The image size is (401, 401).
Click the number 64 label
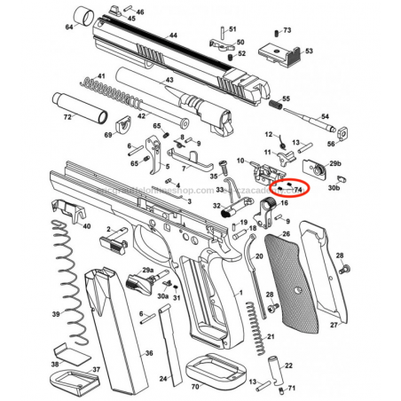pos(69,27)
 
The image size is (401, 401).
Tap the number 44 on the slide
pos(173,35)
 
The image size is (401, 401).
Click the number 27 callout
pos(333,326)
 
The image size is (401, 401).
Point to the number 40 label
pos(86,225)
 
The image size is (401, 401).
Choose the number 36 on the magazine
pos(149,354)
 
